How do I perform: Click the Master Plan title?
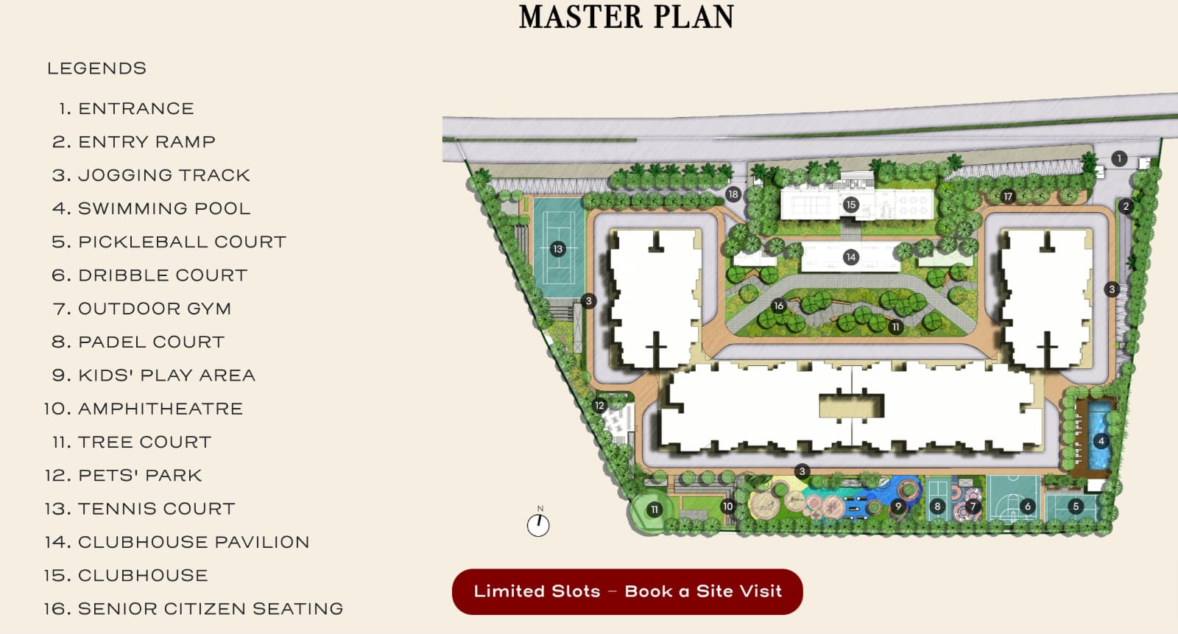pos(627,17)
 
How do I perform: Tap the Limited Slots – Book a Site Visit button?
pos(627,591)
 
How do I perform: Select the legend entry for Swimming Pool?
pos(152,208)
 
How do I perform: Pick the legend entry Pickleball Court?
pos(169,242)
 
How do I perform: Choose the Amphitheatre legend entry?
pos(144,409)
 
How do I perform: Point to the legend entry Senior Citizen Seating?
pos(194,609)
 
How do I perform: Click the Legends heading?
pos(96,68)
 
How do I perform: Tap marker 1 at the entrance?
pos(1119,158)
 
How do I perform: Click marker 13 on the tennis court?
pos(558,249)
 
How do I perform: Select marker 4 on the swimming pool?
pos(1101,441)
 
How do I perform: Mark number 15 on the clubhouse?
pos(851,205)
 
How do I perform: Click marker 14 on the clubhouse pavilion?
pos(851,257)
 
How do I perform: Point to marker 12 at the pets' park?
pos(599,406)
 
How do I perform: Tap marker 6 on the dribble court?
pos(1028,507)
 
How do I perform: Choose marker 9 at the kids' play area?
pos(898,507)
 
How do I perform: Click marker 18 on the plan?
pos(733,194)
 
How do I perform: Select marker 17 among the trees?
pos(1008,197)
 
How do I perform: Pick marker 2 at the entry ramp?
pos(1126,206)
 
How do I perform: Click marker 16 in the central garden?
pos(779,306)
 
